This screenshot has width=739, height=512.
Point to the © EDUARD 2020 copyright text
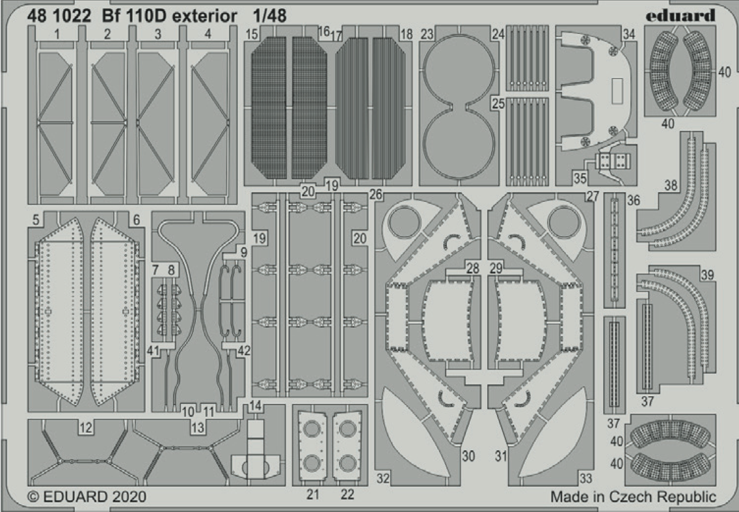87,497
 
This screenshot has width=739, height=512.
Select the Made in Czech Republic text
633,497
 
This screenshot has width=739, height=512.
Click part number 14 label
256,406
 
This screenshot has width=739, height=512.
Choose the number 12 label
85,427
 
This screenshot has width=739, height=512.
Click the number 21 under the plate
313,494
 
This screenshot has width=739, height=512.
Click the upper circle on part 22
348,429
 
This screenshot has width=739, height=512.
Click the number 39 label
707,275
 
